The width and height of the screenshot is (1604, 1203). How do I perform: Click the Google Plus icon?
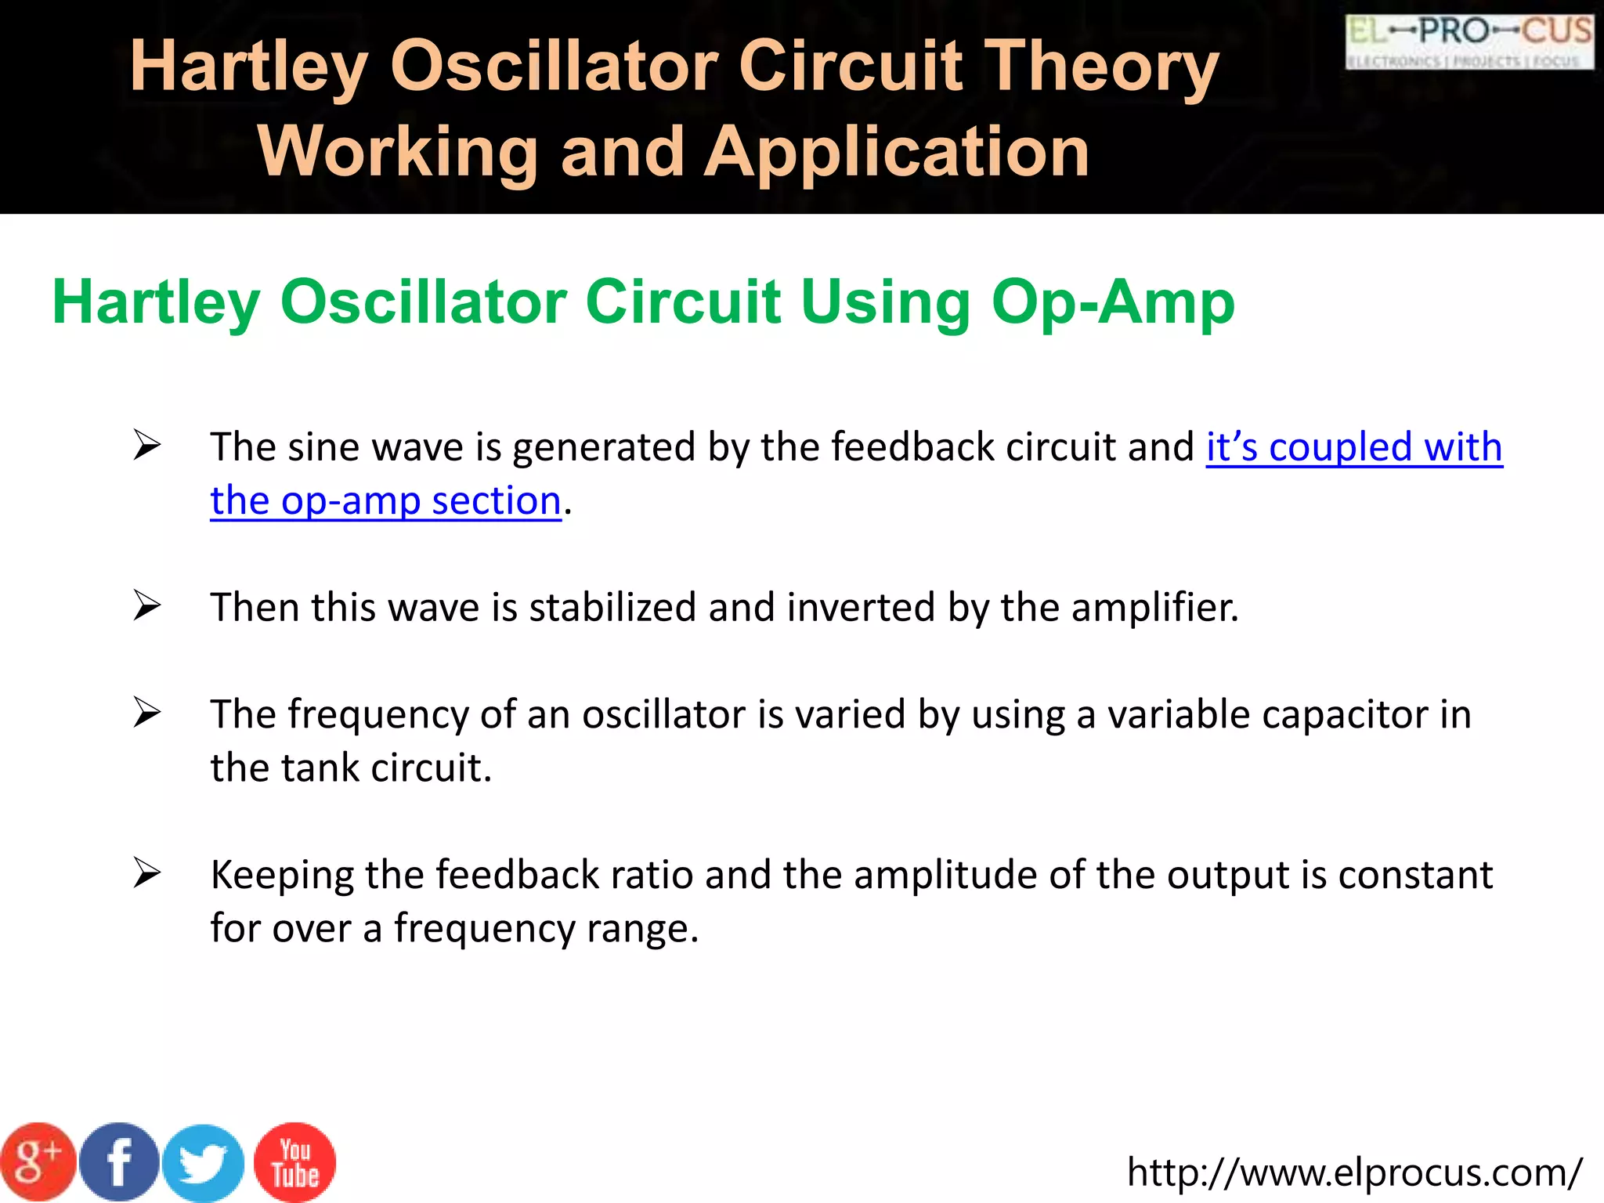pyautogui.click(x=37, y=1162)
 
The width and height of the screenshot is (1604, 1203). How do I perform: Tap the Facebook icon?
pyautogui.click(x=119, y=1162)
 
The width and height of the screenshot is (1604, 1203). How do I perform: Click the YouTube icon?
pyautogui.click(x=295, y=1163)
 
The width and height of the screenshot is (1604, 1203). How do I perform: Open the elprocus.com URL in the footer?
pyautogui.click(x=1354, y=1172)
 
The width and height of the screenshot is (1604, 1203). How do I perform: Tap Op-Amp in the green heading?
pyautogui.click(x=1113, y=302)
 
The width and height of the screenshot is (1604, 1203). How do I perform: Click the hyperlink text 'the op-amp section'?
pyautogui.click(x=385, y=500)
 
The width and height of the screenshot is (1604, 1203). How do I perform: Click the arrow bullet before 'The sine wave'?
pyautogui.click(x=146, y=446)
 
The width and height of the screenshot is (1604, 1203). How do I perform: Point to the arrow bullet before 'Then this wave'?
pyautogui.click(x=146, y=606)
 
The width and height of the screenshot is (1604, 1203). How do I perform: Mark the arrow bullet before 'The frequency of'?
pyautogui.click(x=146, y=713)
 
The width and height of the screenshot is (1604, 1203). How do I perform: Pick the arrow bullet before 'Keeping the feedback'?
pyautogui.click(x=146, y=873)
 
